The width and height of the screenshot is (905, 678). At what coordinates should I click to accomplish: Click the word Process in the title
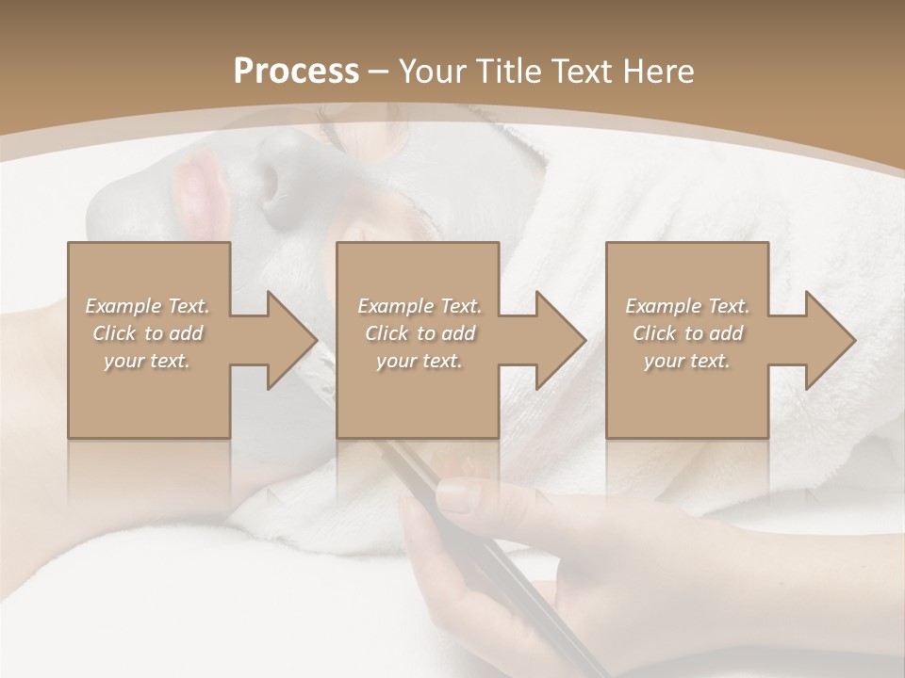tap(296, 71)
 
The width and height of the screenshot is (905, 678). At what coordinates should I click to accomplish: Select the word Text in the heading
tap(582, 71)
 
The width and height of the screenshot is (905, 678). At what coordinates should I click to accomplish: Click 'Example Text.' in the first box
tap(147, 306)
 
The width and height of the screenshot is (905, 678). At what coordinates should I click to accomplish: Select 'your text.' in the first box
tap(147, 361)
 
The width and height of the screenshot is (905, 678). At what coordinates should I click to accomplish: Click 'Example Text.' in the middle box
tap(420, 306)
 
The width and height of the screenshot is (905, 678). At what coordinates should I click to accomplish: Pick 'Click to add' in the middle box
tap(420, 333)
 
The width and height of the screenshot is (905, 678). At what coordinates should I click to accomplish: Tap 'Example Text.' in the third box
tap(687, 306)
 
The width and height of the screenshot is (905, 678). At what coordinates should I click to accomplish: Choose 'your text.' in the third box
tap(687, 361)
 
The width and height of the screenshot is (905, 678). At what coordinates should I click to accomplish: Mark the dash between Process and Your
tap(379, 72)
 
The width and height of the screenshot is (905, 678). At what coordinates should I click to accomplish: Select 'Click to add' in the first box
tap(147, 333)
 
